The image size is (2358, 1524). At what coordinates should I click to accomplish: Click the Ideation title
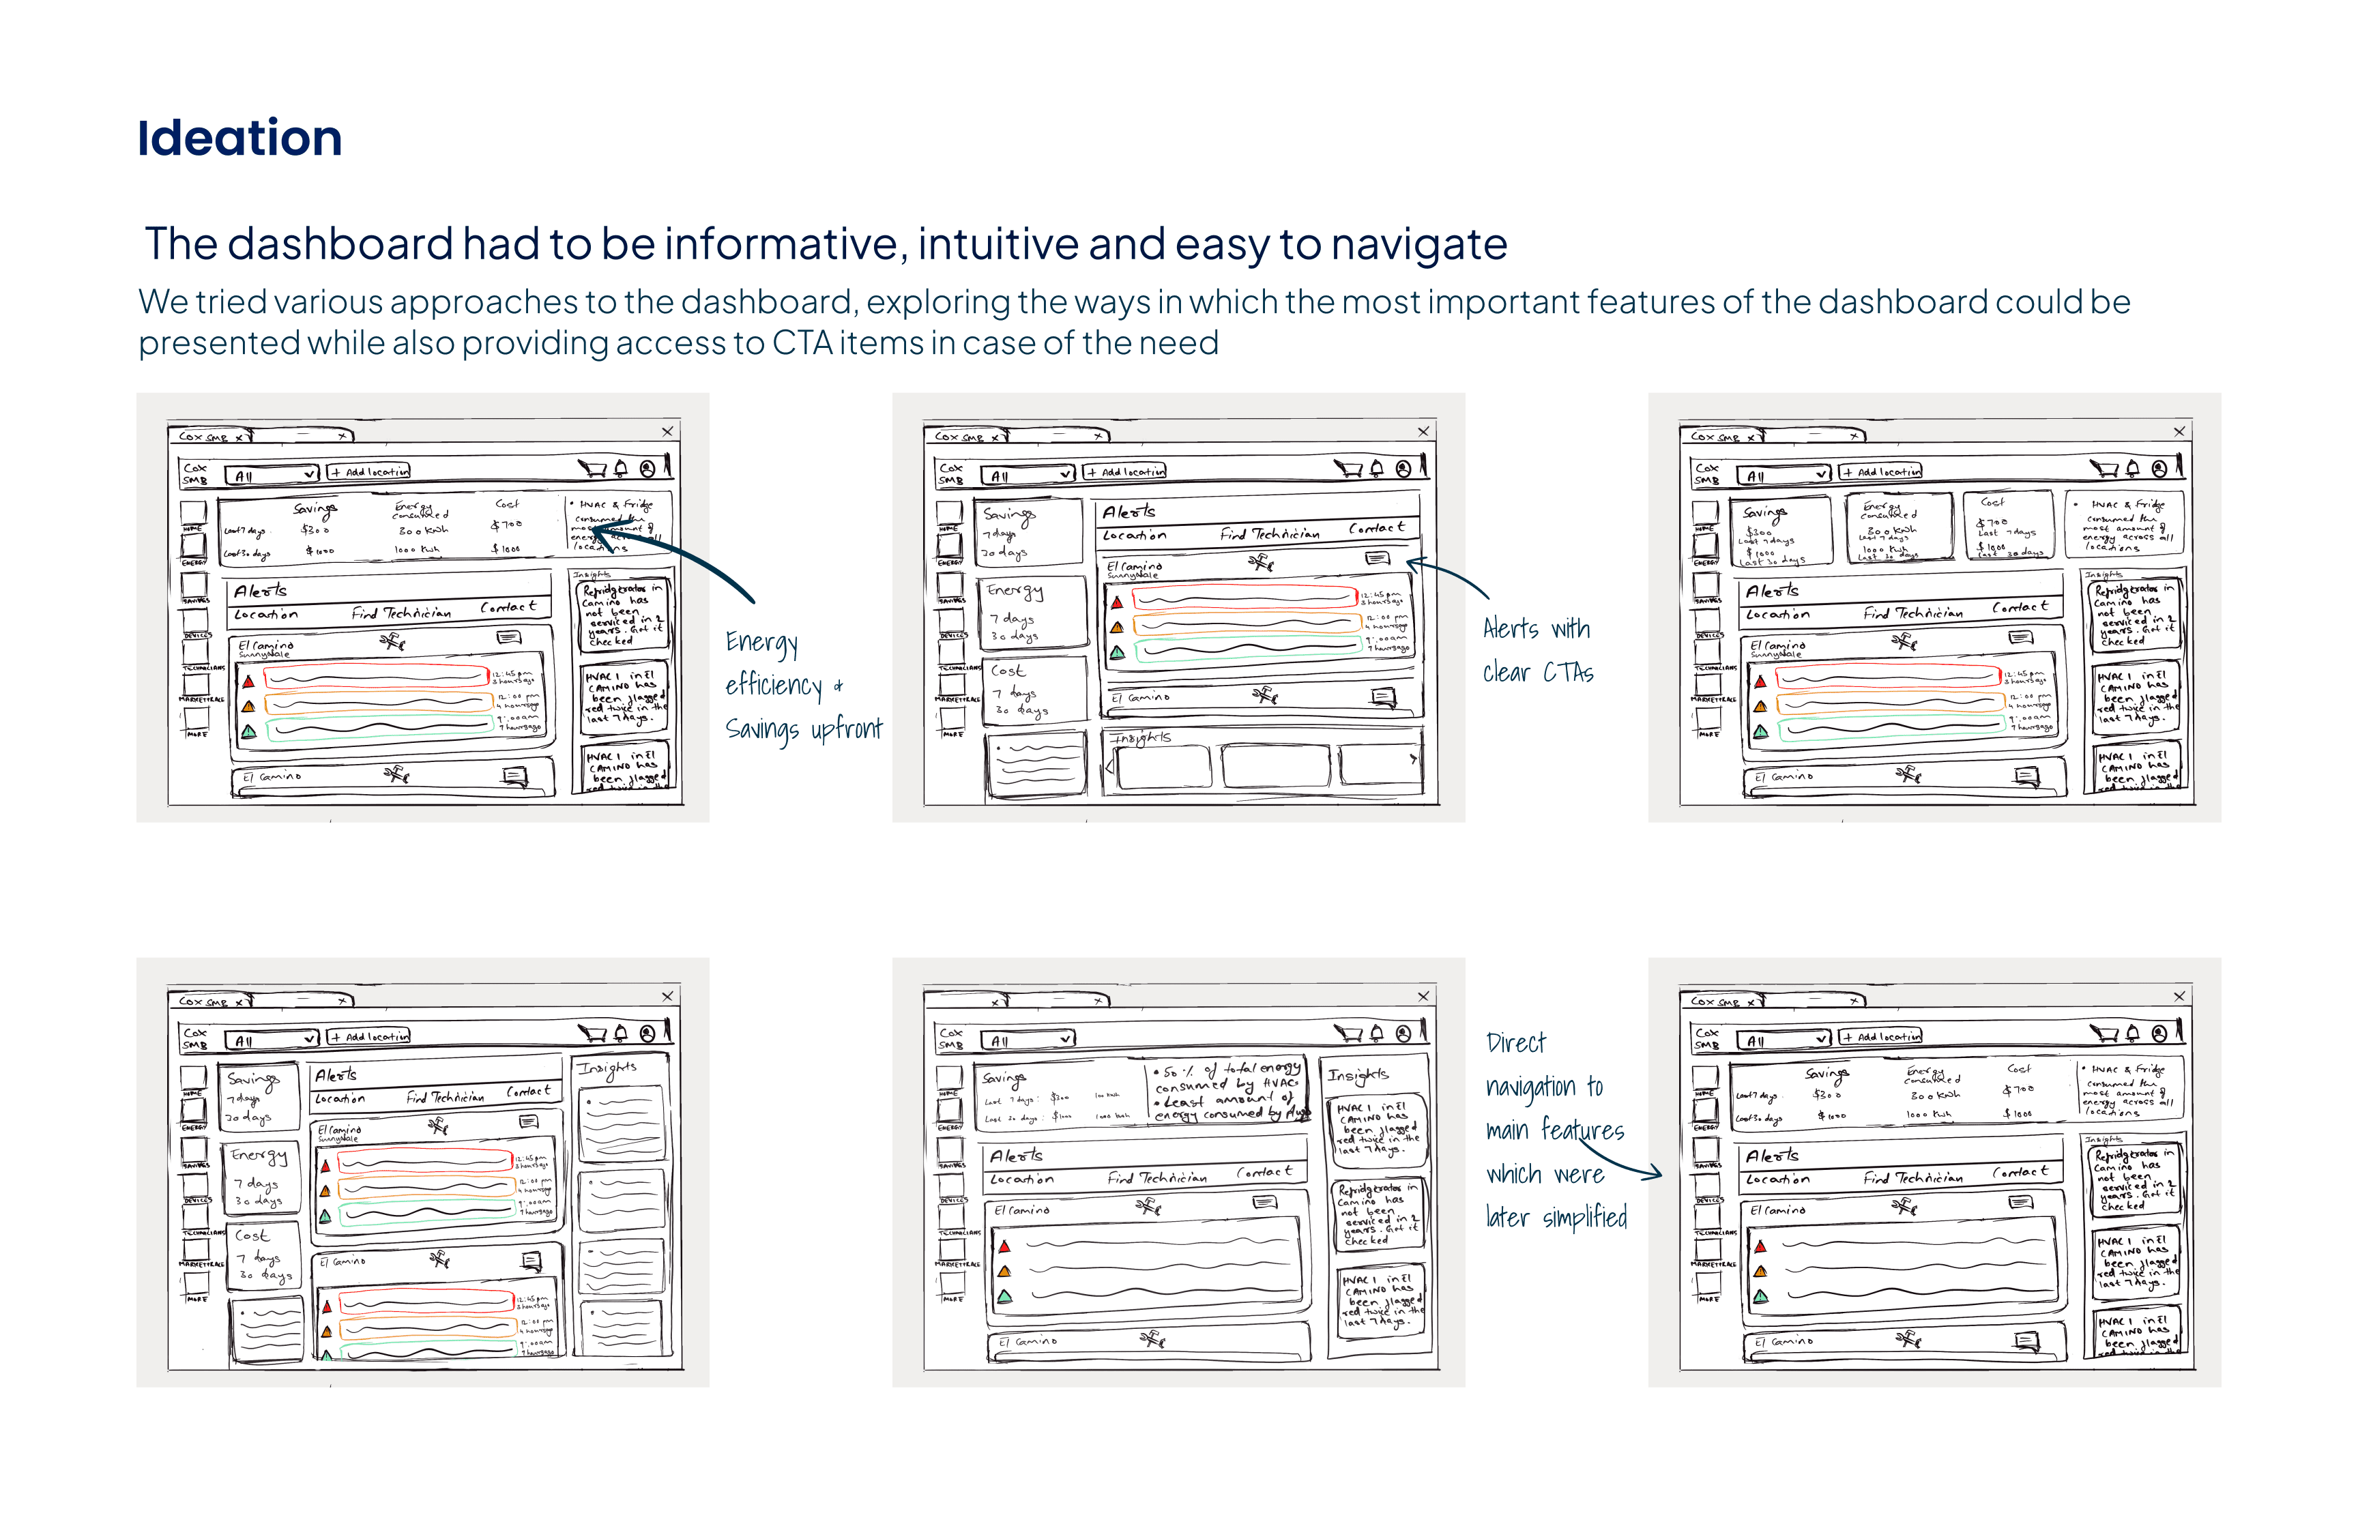coord(239,138)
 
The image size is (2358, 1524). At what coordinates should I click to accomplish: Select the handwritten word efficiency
coord(774,685)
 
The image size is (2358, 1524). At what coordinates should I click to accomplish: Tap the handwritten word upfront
coord(847,731)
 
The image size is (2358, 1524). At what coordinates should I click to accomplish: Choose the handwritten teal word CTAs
coord(1569,673)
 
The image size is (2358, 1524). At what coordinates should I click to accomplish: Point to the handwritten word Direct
coord(1515,1043)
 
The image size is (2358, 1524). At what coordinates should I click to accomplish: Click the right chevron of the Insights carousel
coord(1413,759)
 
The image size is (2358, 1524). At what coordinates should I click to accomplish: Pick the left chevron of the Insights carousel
coord(1110,765)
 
